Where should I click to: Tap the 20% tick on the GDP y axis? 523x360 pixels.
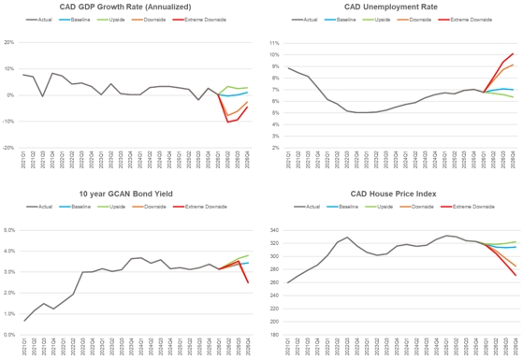coord(8,43)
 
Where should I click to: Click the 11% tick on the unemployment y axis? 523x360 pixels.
coord(274,43)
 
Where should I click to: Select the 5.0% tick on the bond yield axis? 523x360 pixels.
coord(9,230)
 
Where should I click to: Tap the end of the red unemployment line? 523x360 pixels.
coord(513,53)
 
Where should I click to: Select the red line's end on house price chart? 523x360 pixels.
coord(513,275)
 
